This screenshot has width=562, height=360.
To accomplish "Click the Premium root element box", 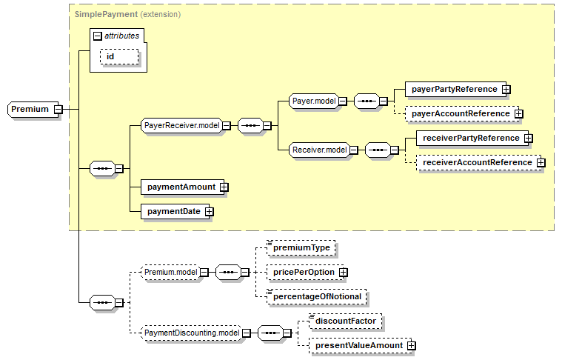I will pos(30,110).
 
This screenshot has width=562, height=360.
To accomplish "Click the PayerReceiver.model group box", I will pos(181,126).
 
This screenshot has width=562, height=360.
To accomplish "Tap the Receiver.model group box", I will pos(320,150).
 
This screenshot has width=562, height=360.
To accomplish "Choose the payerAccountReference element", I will pos(461,113).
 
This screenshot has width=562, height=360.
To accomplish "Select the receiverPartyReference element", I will pos(469,138).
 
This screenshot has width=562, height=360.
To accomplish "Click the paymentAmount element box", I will pos(181,187).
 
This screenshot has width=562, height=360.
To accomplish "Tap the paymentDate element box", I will pos(173,211).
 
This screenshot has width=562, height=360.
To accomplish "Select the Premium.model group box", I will pos(171,273).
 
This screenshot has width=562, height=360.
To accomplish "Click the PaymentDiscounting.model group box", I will pos(191,333).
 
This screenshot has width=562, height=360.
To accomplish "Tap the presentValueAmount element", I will pos(358,345).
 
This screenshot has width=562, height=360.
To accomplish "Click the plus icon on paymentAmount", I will pos(224,187).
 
